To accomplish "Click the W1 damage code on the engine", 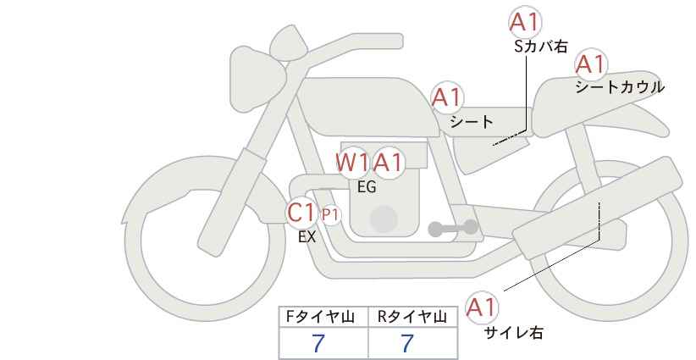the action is (352, 163).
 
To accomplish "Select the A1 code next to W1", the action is (388, 163).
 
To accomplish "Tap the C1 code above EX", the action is (301, 213).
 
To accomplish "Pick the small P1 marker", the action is (330, 215).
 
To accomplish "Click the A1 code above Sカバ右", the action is (525, 22).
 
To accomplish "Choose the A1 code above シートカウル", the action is (591, 64).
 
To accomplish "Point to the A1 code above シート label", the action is (447, 97).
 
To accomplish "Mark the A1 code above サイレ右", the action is (482, 307).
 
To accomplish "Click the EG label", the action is (367, 187).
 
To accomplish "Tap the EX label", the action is (307, 237).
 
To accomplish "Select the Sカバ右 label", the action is (541, 47).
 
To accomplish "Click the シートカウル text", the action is (620, 87).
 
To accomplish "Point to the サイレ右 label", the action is (513, 333).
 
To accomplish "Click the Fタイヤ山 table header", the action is (320, 317).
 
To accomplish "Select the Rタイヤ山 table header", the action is (412, 317).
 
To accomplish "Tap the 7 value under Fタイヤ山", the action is (318, 344).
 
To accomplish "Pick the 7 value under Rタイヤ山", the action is (407, 344).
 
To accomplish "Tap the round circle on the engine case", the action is (384, 219).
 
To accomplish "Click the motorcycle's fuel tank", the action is (367, 107).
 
